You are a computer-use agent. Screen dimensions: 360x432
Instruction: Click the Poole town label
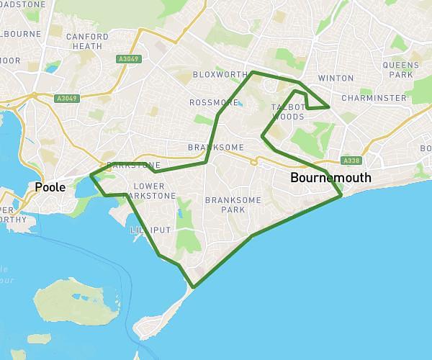click(x=50, y=188)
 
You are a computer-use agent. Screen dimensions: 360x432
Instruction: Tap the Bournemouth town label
click(x=330, y=178)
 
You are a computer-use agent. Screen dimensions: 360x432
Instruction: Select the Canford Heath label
click(x=87, y=41)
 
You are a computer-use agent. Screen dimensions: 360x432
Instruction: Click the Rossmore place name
click(x=213, y=102)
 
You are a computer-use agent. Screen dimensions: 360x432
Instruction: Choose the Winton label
click(x=336, y=78)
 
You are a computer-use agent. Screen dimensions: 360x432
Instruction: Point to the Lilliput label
click(x=150, y=230)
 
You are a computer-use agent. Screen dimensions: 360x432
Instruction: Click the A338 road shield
click(x=351, y=161)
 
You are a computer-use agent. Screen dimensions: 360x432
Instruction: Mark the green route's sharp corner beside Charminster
click(x=330, y=107)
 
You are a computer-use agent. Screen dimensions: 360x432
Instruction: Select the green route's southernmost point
click(x=193, y=287)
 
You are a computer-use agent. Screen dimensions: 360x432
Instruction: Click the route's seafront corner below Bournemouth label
click(x=341, y=195)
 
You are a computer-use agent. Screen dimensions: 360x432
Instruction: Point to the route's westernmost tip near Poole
click(x=91, y=176)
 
